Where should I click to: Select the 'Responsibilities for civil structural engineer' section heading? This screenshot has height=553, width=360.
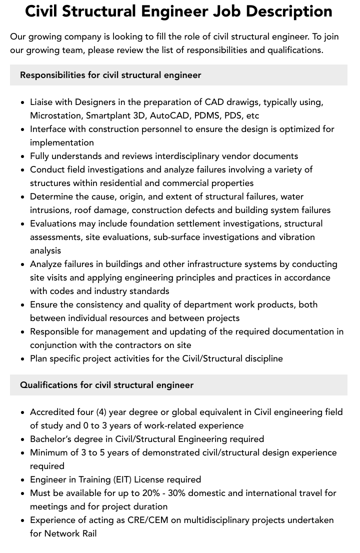pyautogui.click(x=110, y=75)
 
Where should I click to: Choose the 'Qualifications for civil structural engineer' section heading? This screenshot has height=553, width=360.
pyautogui.click(x=106, y=385)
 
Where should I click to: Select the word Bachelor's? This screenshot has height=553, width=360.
pyautogui.click(x=51, y=439)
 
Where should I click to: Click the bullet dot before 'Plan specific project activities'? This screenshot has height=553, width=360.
pyautogui.click(x=23, y=359)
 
